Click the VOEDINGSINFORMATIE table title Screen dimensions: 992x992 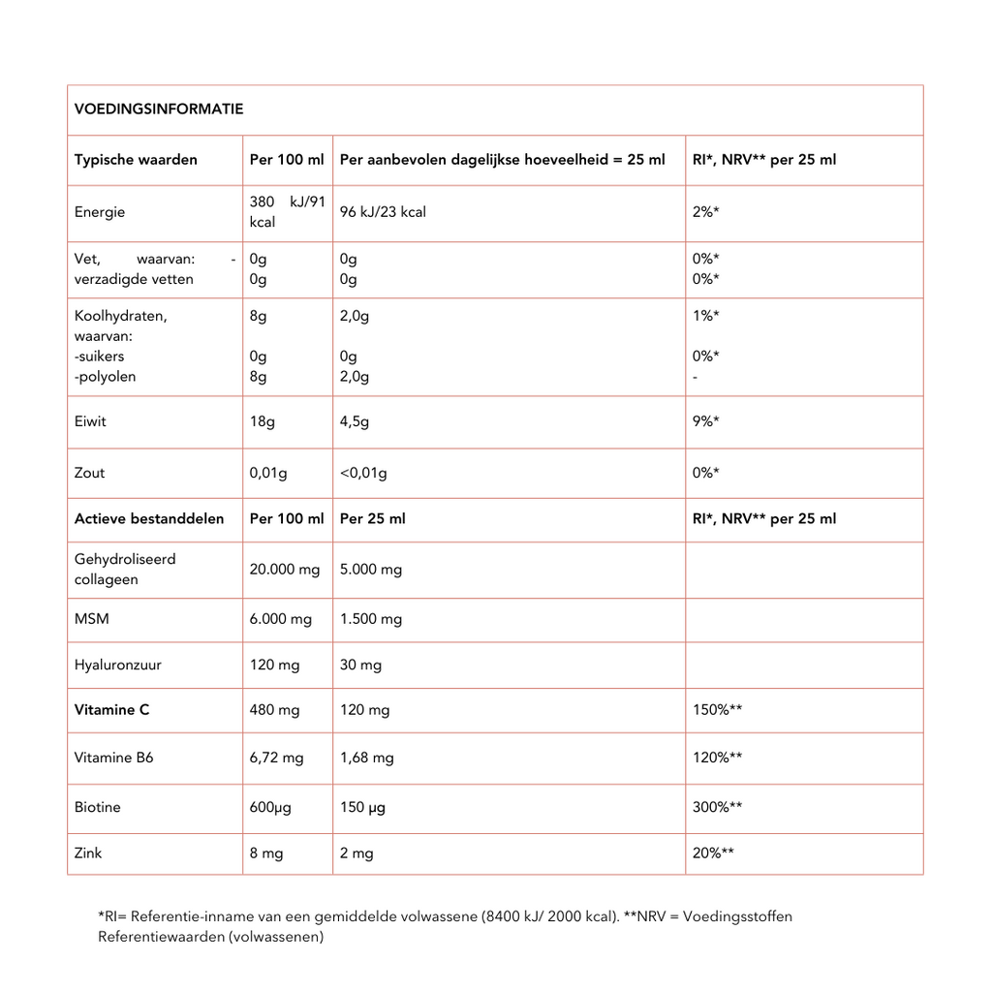(x=159, y=109)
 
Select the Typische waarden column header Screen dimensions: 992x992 (x=136, y=160)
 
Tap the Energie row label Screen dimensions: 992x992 (x=100, y=212)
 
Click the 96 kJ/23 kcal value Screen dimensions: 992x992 (x=383, y=212)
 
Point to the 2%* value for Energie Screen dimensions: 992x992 (x=705, y=212)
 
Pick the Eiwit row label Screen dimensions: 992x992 (x=90, y=421)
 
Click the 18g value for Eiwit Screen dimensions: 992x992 (x=261, y=421)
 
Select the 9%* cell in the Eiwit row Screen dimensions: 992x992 (x=705, y=421)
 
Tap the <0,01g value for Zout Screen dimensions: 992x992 (x=363, y=473)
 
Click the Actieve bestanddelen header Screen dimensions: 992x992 (x=149, y=519)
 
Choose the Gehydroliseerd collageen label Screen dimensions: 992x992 (x=125, y=570)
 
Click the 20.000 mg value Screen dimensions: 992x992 (x=285, y=570)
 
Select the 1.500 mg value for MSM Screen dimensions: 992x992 (x=371, y=619)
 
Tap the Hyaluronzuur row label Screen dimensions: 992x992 (x=118, y=666)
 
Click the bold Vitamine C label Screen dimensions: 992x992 (x=111, y=710)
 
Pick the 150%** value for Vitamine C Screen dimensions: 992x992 (x=717, y=710)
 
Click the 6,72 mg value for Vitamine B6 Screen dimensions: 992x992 (x=276, y=758)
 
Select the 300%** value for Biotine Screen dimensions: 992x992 (x=717, y=807)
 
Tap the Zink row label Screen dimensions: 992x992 (x=88, y=853)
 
